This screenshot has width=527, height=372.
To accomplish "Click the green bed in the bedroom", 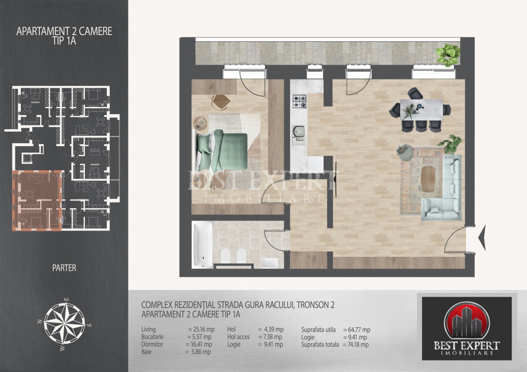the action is click(222, 151).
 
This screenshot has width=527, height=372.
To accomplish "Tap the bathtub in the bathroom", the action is click(202, 244).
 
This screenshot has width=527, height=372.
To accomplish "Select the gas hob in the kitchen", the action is click(299, 101).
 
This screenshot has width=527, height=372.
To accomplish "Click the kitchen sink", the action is click(298, 134).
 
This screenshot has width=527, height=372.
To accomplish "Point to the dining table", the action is click(421, 110).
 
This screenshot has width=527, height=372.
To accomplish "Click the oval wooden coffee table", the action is click(428, 179).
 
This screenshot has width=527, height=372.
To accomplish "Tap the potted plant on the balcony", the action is click(448, 55).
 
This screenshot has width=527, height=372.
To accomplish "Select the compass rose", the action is click(64, 323).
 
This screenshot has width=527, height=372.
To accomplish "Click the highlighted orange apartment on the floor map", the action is click(37, 200).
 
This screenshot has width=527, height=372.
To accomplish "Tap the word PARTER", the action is click(64, 268).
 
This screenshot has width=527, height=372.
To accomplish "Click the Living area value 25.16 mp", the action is click(201, 330).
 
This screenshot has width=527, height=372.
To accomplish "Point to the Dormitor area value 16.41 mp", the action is click(199, 344).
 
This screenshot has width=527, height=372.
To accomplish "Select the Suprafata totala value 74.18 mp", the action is click(356, 345).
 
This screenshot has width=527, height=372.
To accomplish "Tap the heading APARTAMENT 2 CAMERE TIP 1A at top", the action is click(64, 36).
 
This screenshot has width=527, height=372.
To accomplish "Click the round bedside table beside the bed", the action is click(201, 123).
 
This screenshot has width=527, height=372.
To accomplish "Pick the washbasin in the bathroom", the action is click(270, 263).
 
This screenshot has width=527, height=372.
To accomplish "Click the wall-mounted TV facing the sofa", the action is click(336, 176).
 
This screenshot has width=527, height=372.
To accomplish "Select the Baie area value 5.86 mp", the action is click(198, 352).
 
